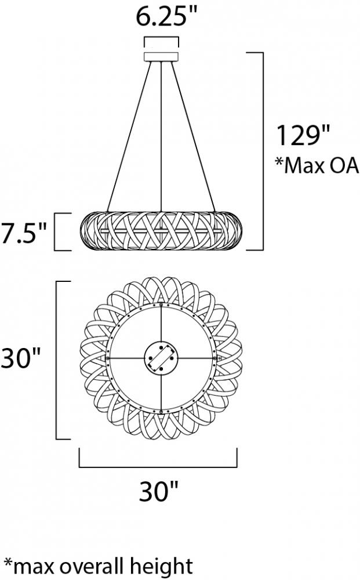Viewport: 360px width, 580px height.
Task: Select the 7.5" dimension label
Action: pos(23,233)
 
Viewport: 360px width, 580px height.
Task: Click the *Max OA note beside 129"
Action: pos(317,166)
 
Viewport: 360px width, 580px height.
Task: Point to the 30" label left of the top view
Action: pos(20,358)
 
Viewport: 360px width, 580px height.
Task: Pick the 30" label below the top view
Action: pos(159,491)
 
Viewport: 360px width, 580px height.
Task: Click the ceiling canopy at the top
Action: pos(161,57)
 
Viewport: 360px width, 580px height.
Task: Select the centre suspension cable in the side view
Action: pos(162,136)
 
